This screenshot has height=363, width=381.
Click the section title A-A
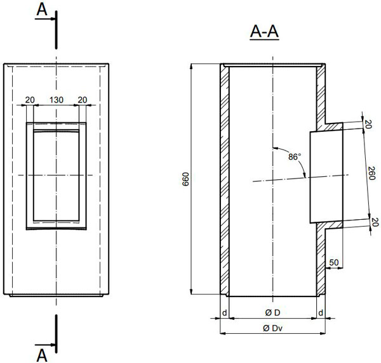(264, 32)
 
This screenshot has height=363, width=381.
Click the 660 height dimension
(185, 179)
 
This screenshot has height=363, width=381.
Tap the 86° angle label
(295, 157)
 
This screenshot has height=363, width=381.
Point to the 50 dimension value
(334, 262)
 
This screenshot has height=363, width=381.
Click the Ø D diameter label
(272, 313)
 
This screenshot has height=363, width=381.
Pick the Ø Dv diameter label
(272, 328)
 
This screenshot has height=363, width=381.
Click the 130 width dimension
(57, 99)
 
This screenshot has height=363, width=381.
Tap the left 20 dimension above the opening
(30, 99)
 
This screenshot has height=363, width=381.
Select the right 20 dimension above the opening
(83, 99)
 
